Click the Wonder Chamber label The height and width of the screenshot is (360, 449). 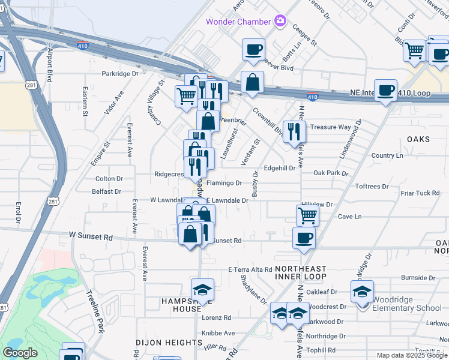[239, 22]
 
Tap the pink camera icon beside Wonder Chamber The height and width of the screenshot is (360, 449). [280, 22]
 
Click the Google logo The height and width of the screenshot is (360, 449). [20, 352]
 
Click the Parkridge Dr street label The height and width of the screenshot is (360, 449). [120, 74]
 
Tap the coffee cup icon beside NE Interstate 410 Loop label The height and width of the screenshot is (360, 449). [385, 91]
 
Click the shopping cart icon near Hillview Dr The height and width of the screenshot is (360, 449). [307, 215]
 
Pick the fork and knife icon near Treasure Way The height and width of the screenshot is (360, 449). [294, 131]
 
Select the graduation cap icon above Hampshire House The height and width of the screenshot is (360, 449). [202, 290]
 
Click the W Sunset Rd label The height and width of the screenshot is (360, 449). [91, 237]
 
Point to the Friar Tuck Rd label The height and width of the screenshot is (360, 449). [421, 193]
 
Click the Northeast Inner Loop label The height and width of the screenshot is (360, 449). [300, 272]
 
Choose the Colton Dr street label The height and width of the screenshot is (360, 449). [109, 179]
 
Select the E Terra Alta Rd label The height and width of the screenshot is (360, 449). [250, 270]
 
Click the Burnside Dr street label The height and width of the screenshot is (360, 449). [418, 278]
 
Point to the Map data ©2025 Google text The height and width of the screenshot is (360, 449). [412, 355]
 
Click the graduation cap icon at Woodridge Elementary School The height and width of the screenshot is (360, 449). [362, 292]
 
